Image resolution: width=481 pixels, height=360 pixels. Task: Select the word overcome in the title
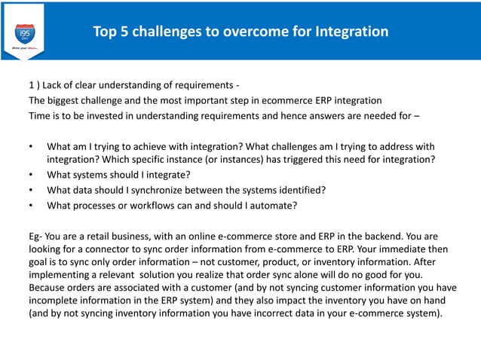point(247,32)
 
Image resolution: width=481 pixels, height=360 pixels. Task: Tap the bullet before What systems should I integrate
point(31,175)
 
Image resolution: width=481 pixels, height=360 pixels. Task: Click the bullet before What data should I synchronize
point(31,190)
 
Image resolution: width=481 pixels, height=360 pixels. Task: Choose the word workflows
point(170,205)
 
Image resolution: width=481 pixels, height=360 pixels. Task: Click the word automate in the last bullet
point(274,205)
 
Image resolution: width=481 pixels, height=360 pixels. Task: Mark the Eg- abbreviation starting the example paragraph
point(38,236)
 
